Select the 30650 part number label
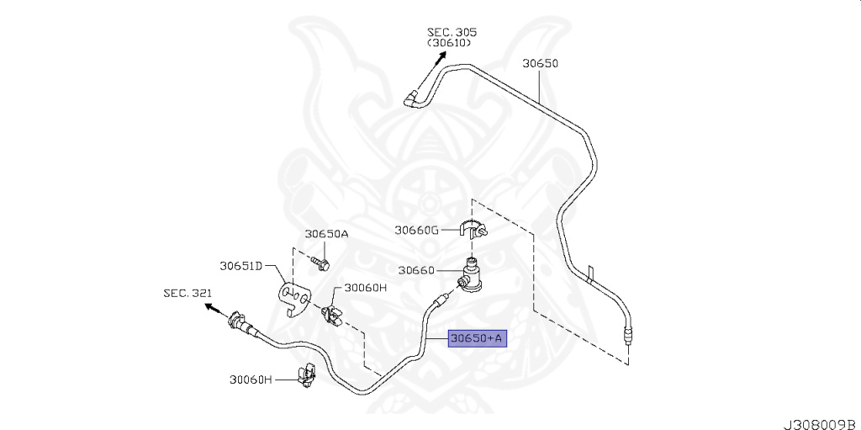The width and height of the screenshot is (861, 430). pos(540,63)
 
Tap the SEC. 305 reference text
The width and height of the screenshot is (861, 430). pos(452,32)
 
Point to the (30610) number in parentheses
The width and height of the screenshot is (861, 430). pos(449,43)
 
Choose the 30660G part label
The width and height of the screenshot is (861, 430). pos(418,229)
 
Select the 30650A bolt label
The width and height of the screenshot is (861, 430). pos(326,235)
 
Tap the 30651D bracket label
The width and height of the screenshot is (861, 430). pos(242,266)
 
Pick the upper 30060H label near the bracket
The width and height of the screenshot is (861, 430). pos(365,287)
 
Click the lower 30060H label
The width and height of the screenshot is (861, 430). pos(251,380)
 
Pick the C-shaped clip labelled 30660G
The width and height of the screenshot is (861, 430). pos(476,229)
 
